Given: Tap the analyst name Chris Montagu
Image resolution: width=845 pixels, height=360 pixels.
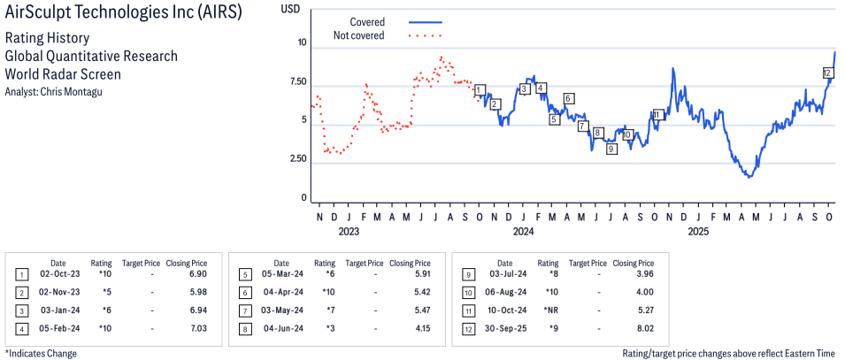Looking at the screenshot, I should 79,91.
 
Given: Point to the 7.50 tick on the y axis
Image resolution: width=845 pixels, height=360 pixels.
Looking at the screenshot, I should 296,81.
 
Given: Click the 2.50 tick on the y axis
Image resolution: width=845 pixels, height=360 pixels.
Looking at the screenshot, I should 296,159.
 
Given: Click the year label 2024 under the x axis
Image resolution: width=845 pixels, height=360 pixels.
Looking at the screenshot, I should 523,232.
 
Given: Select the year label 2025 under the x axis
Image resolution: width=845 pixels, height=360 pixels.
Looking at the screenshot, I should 698,232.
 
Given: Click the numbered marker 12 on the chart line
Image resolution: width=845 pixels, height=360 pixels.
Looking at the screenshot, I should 827,73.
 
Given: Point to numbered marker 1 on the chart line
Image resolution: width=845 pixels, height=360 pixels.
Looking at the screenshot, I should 480,90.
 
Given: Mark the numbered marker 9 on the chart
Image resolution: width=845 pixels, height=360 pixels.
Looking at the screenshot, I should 611,149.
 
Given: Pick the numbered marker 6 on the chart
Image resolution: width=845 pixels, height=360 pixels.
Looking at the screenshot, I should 569,98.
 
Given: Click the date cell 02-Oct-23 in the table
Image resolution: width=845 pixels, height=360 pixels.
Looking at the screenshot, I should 58,274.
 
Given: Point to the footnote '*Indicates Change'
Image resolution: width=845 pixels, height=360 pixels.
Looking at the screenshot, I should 41,353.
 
